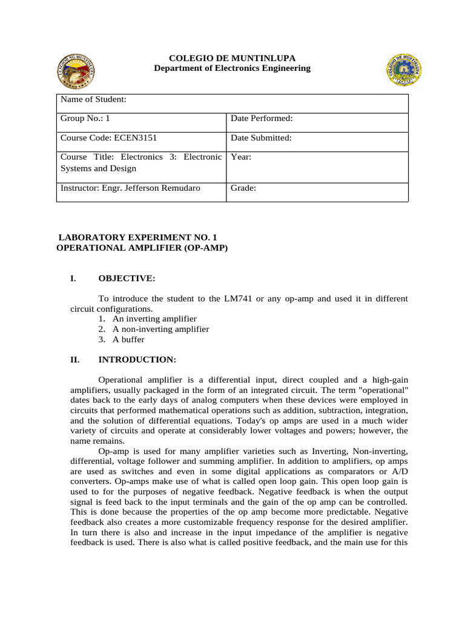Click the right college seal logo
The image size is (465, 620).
click(x=404, y=68)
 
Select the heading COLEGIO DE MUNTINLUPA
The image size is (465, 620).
click(x=232, y=58)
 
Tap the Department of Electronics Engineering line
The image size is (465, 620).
click(x=232, y=68)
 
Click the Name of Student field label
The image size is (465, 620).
click(x=93, y=100)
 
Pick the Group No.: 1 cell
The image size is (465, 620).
click(x=85, y=119)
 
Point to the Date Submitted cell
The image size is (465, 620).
click(x=261, y=138)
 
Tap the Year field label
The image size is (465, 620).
click(x=241, y=157)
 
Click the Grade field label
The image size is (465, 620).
click(x=243, y=188)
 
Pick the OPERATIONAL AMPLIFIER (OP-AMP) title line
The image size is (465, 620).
click(x=142, y=248)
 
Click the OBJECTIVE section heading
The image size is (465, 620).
click(x=127, y=279)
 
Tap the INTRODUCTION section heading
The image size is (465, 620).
click(x=137, y=360)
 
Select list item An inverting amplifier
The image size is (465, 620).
click(x=154, y=318)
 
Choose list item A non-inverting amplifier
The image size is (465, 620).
click(x=160, y=329)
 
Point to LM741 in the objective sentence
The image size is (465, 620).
click(x=239, y=298)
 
